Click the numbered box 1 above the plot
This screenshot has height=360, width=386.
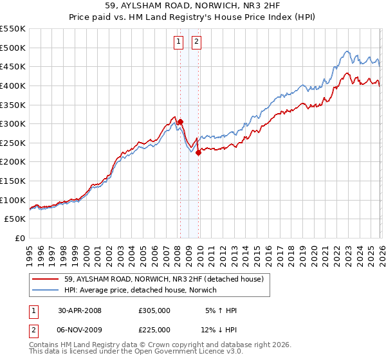(x=178, y=43)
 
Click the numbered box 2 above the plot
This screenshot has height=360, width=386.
(x=195, y=43)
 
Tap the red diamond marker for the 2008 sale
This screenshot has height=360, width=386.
(x=181, y=122)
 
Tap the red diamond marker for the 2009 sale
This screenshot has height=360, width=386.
(x=198, y=152)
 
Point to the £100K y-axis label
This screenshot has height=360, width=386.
(x=14, y=200)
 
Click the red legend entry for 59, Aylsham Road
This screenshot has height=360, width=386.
(x=164, y=279)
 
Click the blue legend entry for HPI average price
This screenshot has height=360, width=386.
(x=140, y=291)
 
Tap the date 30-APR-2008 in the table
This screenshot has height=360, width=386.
(x=80, y=310)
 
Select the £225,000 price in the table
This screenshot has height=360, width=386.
(x=154, y=330)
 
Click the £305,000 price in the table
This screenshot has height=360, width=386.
(x=154, y=310)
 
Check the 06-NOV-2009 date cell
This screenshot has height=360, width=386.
(x=80, y=330)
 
